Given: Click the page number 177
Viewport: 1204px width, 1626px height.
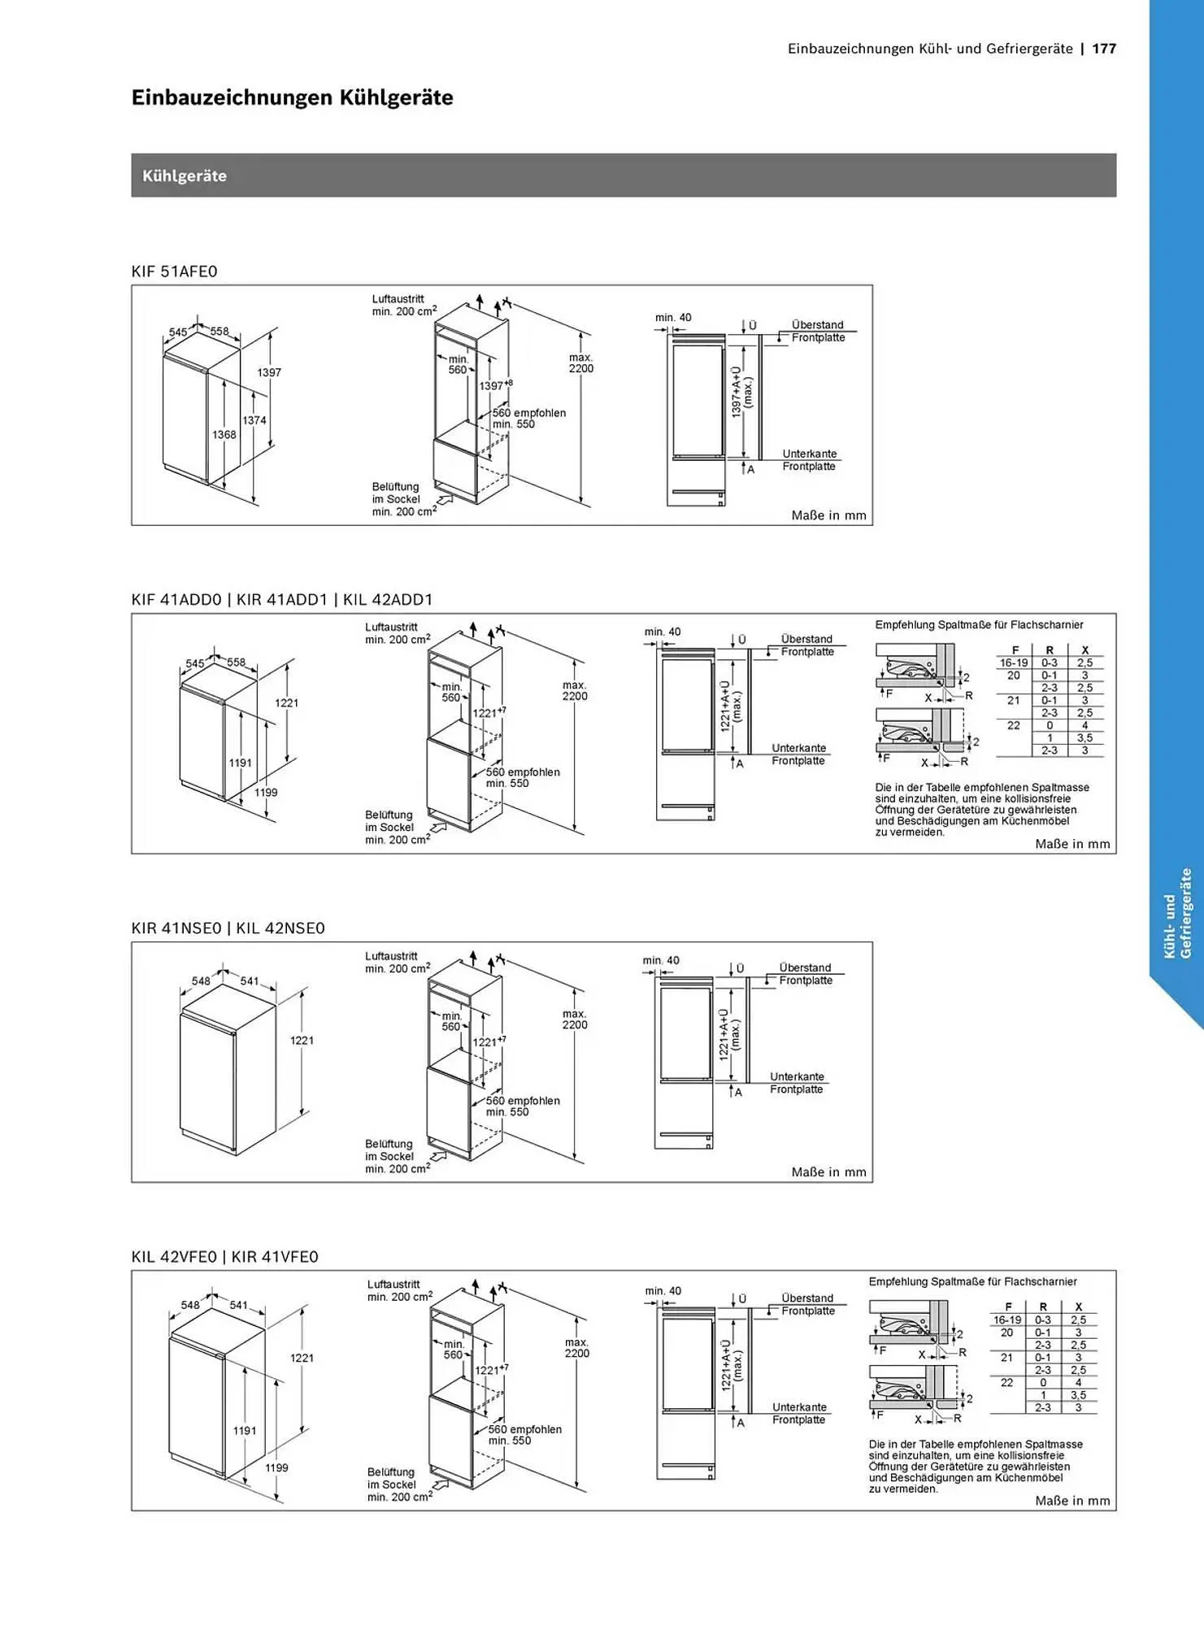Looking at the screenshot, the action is pyautogui.click(x=1104, y=49).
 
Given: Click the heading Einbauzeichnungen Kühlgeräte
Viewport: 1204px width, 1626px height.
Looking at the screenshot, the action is pyautogui.click(x=293, y=98).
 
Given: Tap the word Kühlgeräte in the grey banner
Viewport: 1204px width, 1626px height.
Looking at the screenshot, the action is pyautogui.click(x=185, y=176).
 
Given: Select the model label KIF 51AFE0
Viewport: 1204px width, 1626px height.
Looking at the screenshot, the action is pyautogui.click(x=175, y=272).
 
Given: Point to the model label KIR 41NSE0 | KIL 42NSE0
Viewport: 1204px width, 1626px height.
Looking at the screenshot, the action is pyautogui.click(x=228, y=928).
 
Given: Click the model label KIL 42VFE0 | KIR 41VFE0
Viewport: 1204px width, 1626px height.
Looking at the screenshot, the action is pyautogui.click(x=225, y=1257).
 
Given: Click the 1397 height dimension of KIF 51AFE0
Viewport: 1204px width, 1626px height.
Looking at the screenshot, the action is pyautogui.click(x=269, y=372).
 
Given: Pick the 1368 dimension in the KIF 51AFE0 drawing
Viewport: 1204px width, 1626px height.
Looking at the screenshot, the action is pyautogui.click(x=224, y=435).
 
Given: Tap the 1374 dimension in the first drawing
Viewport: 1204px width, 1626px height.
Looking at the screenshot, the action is pyautogui.click(x=254, y=420).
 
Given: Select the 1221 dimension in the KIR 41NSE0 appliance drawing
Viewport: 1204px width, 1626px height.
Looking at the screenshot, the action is pyautogui.click(x=302, y=1041).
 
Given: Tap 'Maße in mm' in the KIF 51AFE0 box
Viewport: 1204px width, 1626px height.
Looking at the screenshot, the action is pyautogui.click(x=829, y=515).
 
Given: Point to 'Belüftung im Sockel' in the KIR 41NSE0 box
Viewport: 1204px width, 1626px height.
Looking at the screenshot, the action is pyautogui.click(x=391, y=1150).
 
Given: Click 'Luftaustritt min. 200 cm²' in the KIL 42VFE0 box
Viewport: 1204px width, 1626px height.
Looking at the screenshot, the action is pyautogui.click(x=400, y=1291).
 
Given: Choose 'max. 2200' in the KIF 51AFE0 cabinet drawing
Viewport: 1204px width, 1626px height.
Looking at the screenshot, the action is pyautogui.click(x=581, y=363).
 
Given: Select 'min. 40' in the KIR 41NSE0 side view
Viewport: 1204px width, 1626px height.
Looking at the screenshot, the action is pyautogui.click(x=661, y=960).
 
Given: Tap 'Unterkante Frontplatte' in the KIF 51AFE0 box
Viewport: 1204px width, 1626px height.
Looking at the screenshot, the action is pyautogui.click(x=809, y=460).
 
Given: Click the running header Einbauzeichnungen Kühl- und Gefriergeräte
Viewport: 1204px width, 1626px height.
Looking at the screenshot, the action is pyautogui.click(x=930, y=49).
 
